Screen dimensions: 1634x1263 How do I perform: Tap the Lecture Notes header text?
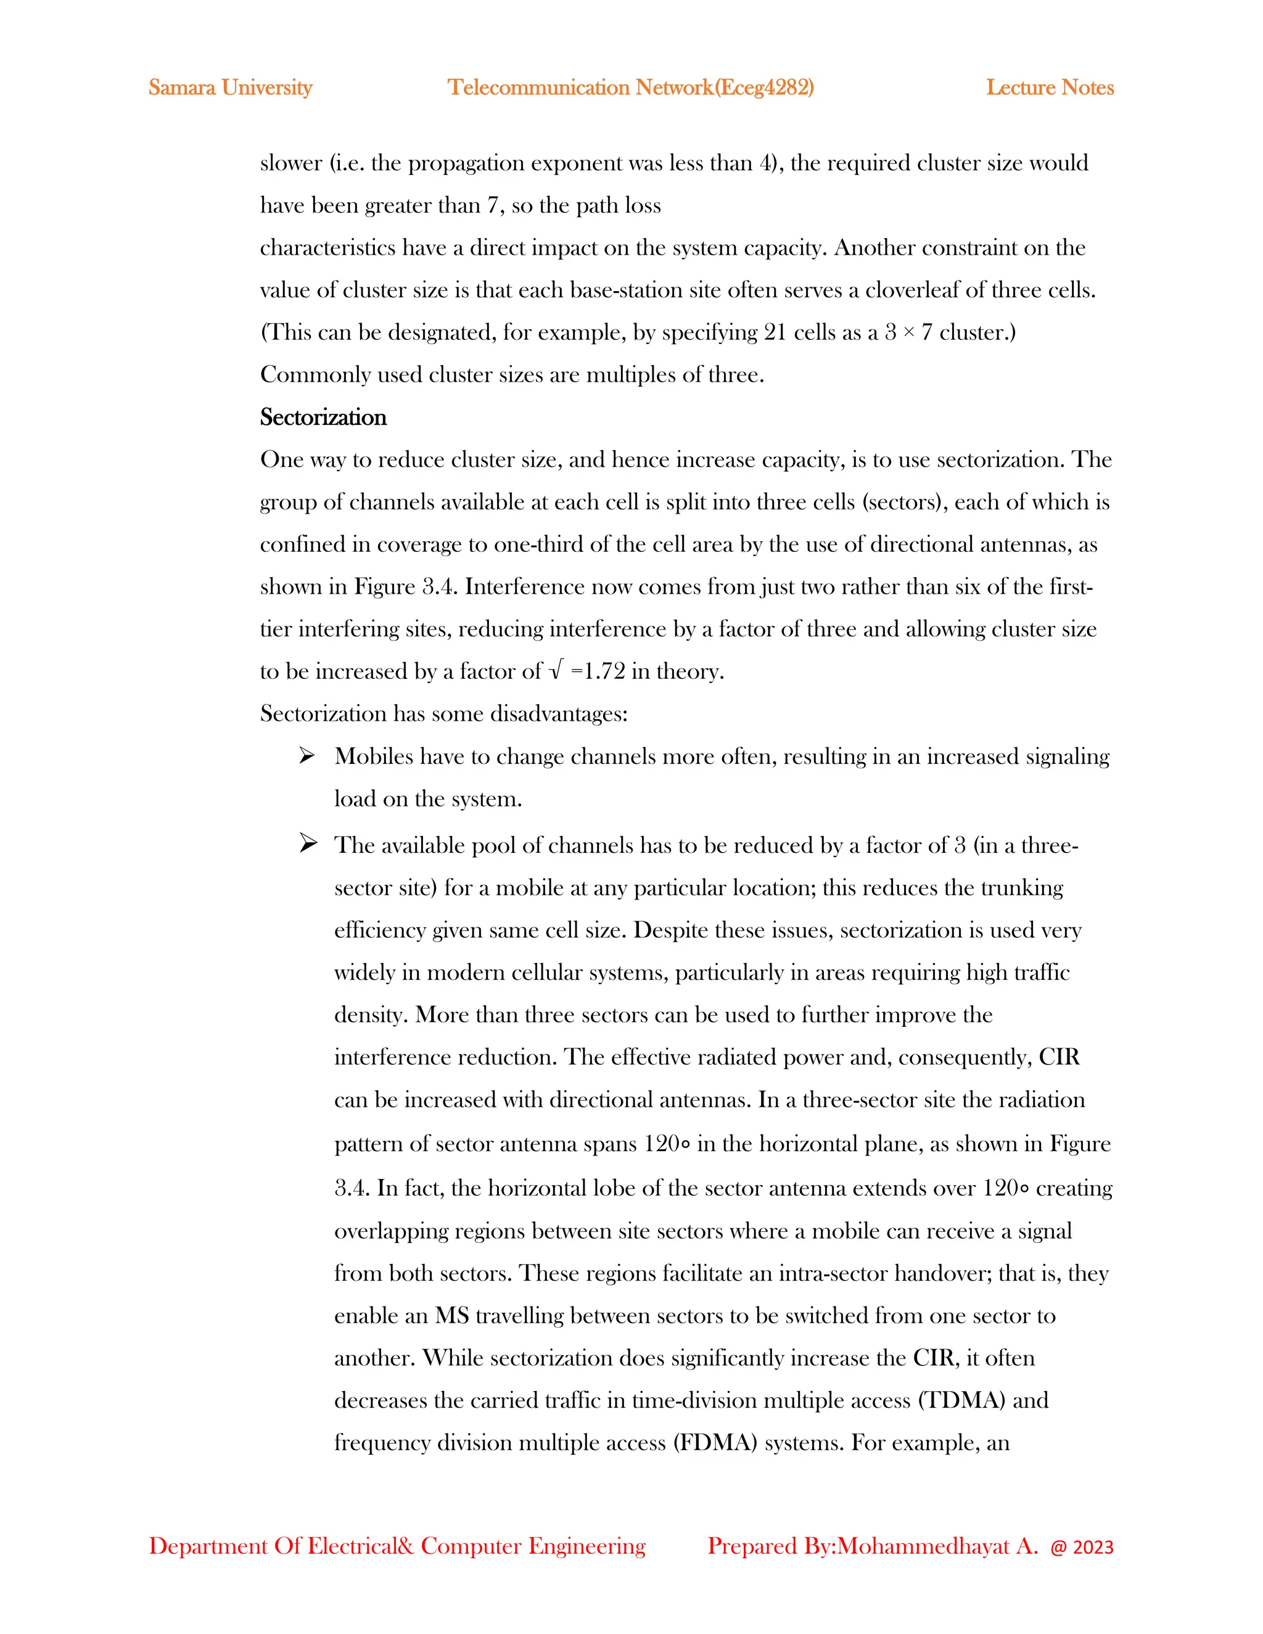(1049, 88)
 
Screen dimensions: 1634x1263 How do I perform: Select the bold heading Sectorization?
(323, 417)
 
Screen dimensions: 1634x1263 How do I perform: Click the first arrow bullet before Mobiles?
(306, 756)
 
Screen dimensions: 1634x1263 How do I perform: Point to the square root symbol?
(554, 670)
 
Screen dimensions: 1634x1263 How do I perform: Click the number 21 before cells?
(775, 332)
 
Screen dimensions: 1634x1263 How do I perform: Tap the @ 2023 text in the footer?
(1081, 1547)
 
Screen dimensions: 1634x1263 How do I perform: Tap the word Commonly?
(315, 375)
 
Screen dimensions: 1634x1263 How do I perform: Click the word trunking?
(1021, 888)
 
